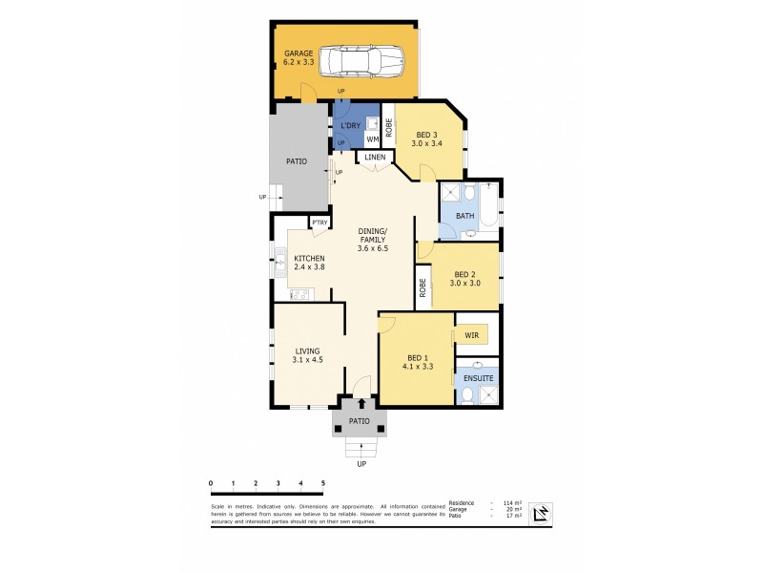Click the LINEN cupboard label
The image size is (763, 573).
click(x=375, y=157)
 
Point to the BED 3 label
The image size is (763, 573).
click(x=424, y=139)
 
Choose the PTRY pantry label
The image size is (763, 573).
click(x=320, y=223)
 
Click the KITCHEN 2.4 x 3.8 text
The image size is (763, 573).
click(x=310, y=264)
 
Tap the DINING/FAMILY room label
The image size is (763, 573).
click(x=372, y=238)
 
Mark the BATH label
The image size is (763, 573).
click(x=464, y=216)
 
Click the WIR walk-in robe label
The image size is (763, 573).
click(x=471, y=336)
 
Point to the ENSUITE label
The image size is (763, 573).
click(x=478, y=379)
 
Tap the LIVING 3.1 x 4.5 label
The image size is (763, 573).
click(x=307, y=356)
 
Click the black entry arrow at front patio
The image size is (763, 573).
click(x=361, y=405)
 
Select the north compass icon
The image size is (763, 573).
click(x=540, y=514)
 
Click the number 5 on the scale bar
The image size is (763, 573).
click(x=323, y=484)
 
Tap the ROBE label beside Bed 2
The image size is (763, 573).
click(x=421, y=286)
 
